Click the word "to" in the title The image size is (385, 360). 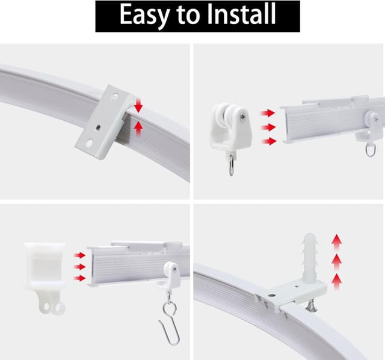click(x=188, y=14)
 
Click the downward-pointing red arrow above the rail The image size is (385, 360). click(x=138, y=105)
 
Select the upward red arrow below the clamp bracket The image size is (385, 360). click(x=138, y=128)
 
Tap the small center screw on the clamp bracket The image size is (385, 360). click(x=98, y=127)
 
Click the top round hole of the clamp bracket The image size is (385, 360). click(x=114, y=97)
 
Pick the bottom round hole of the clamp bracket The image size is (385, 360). click(x=89, y=143)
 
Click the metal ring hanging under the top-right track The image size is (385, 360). click(x=371, y=150)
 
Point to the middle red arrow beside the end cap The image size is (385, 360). click(x=80, y=267)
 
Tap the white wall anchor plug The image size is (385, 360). click(x=310, y=257)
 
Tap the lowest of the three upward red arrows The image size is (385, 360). click(x=336, y=282)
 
